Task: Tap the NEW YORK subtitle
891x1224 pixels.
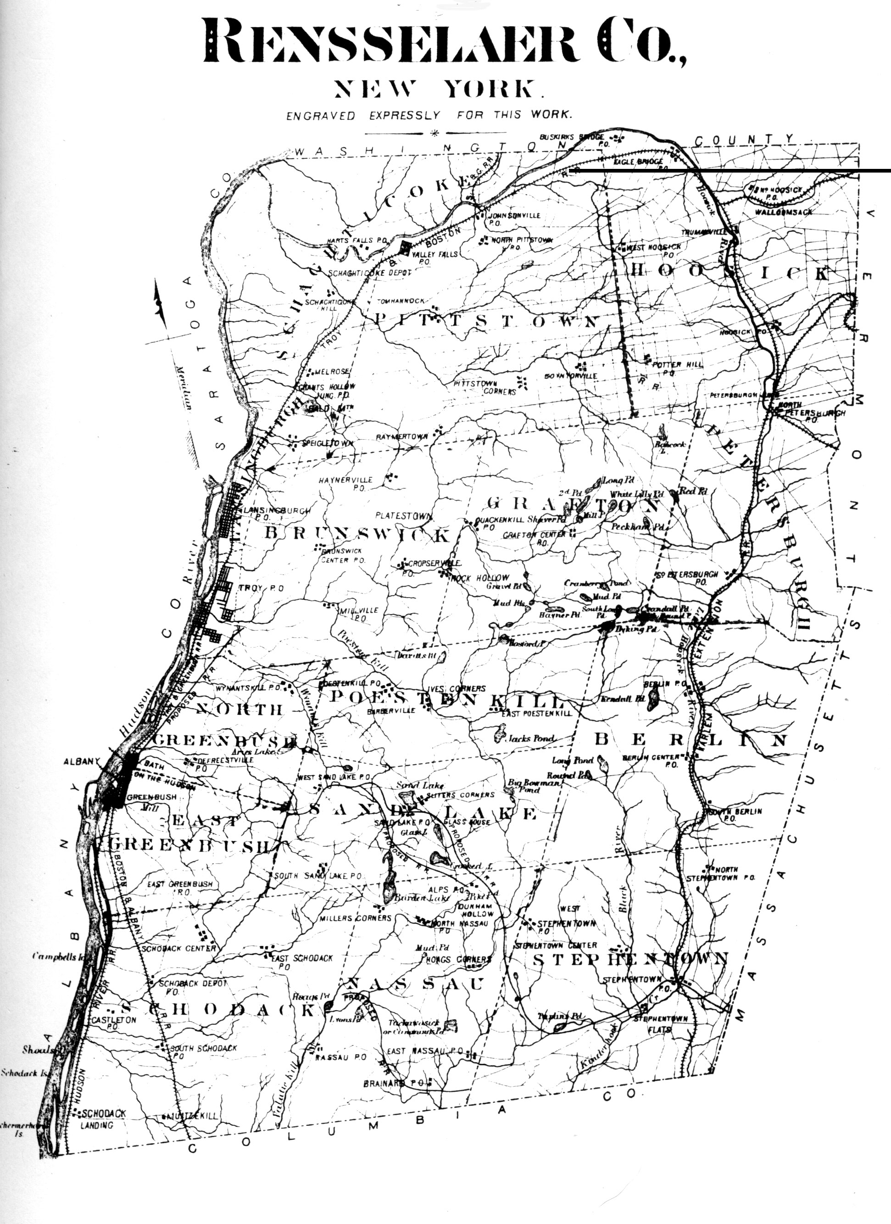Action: (435, 89)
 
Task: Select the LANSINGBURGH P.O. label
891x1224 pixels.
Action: (275, 513)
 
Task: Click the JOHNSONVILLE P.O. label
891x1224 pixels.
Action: (512, 218)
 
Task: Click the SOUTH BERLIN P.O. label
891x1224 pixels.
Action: (735, 814)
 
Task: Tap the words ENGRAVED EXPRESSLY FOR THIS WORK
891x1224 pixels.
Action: (429, 115)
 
